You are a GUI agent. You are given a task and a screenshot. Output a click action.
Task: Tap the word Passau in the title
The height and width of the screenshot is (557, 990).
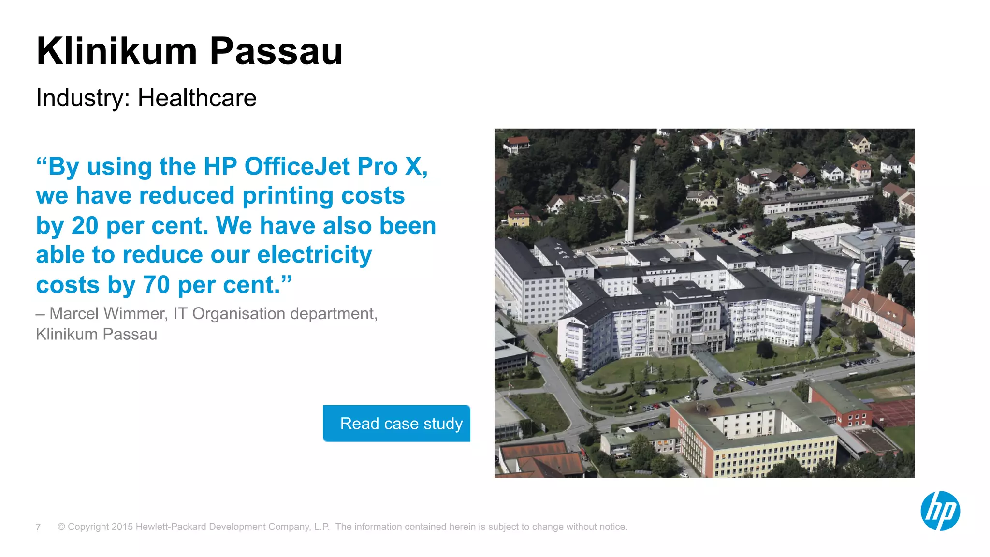[276, 51]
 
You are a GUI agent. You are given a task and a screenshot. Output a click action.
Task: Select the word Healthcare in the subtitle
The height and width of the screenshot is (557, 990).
[197, 98]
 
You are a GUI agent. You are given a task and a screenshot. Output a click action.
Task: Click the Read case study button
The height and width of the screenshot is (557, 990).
[396, 423]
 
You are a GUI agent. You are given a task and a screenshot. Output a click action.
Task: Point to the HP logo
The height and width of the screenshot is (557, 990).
[940, 511]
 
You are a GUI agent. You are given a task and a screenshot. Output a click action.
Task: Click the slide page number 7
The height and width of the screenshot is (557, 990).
[38, 527]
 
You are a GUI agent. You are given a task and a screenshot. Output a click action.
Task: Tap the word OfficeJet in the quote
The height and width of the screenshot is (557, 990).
[297, 166]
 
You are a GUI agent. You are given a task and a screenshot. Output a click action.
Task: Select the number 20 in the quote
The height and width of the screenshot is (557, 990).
[85, 226]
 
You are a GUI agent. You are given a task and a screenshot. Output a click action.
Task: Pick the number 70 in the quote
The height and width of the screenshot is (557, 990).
[156, 285]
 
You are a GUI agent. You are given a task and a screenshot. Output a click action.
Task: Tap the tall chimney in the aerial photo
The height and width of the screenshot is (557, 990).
[631, 198]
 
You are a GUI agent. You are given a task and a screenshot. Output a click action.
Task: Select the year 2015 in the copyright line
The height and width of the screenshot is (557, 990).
[122, 527]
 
